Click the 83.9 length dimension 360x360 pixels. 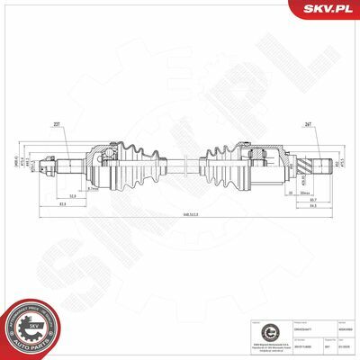point(63,204)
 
